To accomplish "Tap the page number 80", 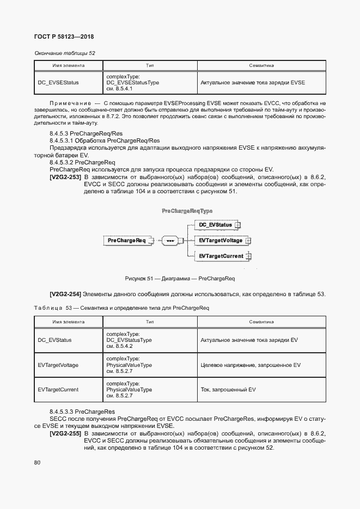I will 38,463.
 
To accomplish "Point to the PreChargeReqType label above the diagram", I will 187,211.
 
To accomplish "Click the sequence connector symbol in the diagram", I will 155,240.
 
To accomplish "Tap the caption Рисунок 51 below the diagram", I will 180,279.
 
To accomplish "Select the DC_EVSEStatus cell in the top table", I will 58,83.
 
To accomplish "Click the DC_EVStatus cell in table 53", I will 55,340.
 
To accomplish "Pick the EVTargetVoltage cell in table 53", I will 58,365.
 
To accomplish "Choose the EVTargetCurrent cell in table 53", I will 58,390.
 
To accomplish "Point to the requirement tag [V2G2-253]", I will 65,177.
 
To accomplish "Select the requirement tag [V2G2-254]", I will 65,295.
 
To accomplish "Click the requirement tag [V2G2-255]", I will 65,433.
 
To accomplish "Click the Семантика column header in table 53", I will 261,322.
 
